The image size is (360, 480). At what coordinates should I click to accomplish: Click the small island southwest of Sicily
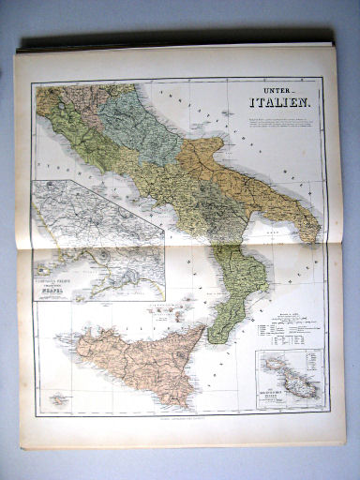coord(60,399)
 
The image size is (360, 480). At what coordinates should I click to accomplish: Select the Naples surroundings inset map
coord(98,240)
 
